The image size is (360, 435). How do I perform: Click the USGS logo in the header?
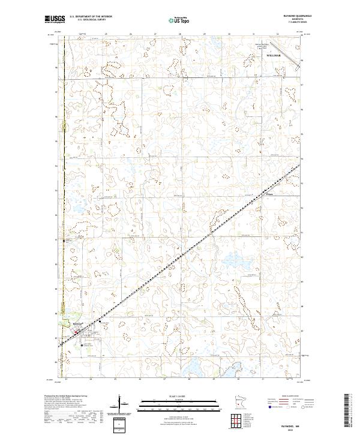[55, 19]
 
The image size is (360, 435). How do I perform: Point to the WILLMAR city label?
[273, 55]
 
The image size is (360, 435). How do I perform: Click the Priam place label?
[269, 194]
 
